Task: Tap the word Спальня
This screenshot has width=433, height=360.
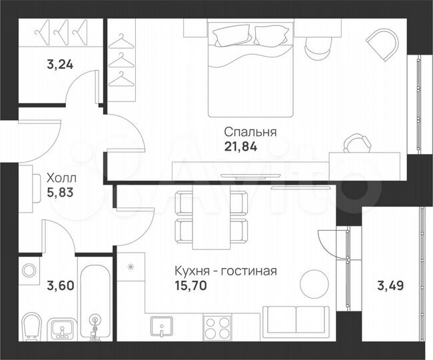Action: coord(250,132)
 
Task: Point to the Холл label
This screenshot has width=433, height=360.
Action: coord(61,178)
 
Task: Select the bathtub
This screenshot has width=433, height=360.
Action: coord(97,304)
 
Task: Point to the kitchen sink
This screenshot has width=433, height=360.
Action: coord(162,327)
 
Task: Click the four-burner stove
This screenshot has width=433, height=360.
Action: coord(217,327)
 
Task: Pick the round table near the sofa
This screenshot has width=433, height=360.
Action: coord(314,284)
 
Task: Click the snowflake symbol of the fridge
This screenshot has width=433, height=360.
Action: coord(131,267)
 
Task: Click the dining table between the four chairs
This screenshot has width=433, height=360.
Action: coord(211,217)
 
